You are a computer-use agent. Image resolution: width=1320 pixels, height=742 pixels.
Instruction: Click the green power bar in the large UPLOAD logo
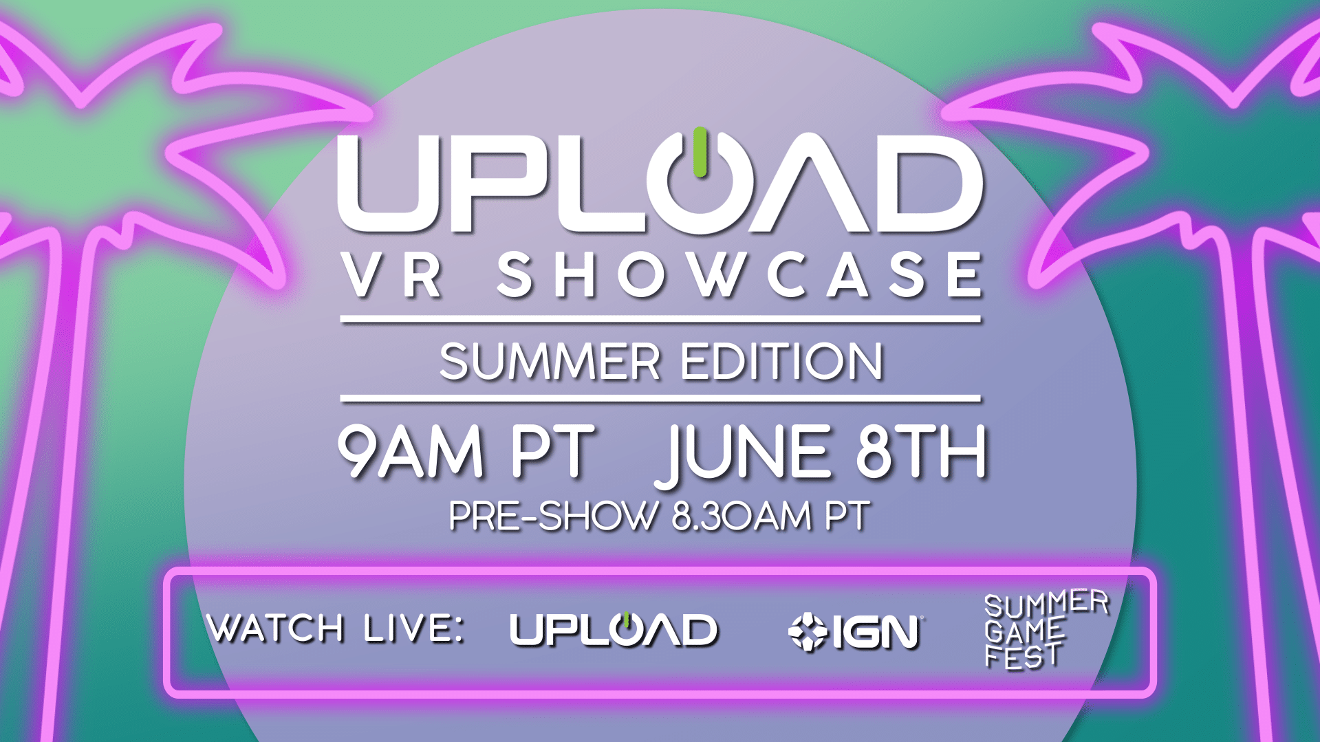pos(700,152)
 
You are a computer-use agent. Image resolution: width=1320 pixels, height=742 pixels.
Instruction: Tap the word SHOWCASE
pos(740,275)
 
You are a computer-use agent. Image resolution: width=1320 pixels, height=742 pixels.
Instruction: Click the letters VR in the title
pos(394,275)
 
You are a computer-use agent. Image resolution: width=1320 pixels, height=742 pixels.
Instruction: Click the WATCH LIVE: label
pos(336,628)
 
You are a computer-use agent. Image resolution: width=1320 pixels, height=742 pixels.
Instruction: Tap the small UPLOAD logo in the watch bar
pos(614,629)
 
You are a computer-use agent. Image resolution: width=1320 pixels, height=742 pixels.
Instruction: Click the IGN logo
pos(855,631)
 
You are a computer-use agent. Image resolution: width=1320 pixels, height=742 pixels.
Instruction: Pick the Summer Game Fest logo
pos(1046,629)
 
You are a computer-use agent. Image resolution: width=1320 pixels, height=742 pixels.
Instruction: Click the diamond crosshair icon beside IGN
pos(808,631)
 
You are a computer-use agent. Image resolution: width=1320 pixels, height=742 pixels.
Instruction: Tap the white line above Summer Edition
pos(660,319)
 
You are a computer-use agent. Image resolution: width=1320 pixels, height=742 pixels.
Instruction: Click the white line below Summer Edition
pos(660,398)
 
